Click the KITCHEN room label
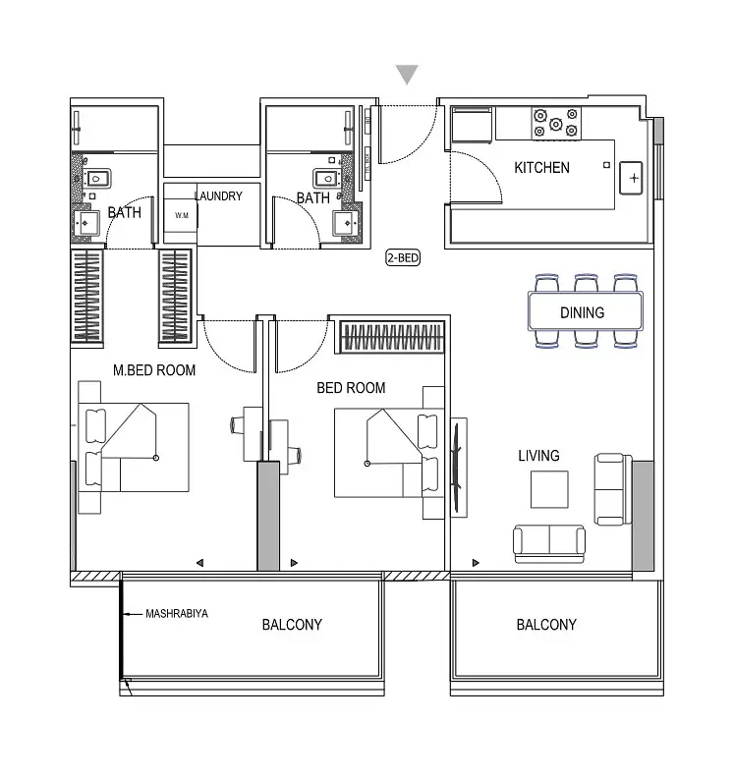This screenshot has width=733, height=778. [x=541, y=168]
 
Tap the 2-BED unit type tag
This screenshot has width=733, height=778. [x=403, y=257]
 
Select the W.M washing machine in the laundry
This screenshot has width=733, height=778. [x=181, y=215]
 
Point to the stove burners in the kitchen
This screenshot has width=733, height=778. [x=556, y=123]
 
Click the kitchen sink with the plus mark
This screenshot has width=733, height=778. [x=631, y=178]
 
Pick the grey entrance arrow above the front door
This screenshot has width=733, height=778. [x=407, y=75]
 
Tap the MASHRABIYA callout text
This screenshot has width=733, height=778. [x=177, y=614]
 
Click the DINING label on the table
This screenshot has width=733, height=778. [x=582, y=312]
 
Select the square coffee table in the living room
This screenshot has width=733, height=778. [x=549, y=489]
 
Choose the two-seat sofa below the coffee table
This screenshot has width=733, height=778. [x=549, y=544]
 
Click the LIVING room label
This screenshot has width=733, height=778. [x=538, y=456]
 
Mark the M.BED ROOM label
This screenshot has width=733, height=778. [x=154, y=370]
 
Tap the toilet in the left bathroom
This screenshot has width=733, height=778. [x=96, y=179]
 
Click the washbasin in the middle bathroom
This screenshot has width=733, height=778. [x=346, y=223]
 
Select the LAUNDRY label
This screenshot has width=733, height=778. [x=218, y=196]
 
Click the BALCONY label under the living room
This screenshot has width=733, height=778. [x=546, y=624]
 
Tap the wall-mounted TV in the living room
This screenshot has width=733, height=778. [x=458, y=467]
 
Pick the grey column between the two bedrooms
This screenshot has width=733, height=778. [x=268, y=516]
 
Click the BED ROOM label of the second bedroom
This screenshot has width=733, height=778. [x=351, y=387]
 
